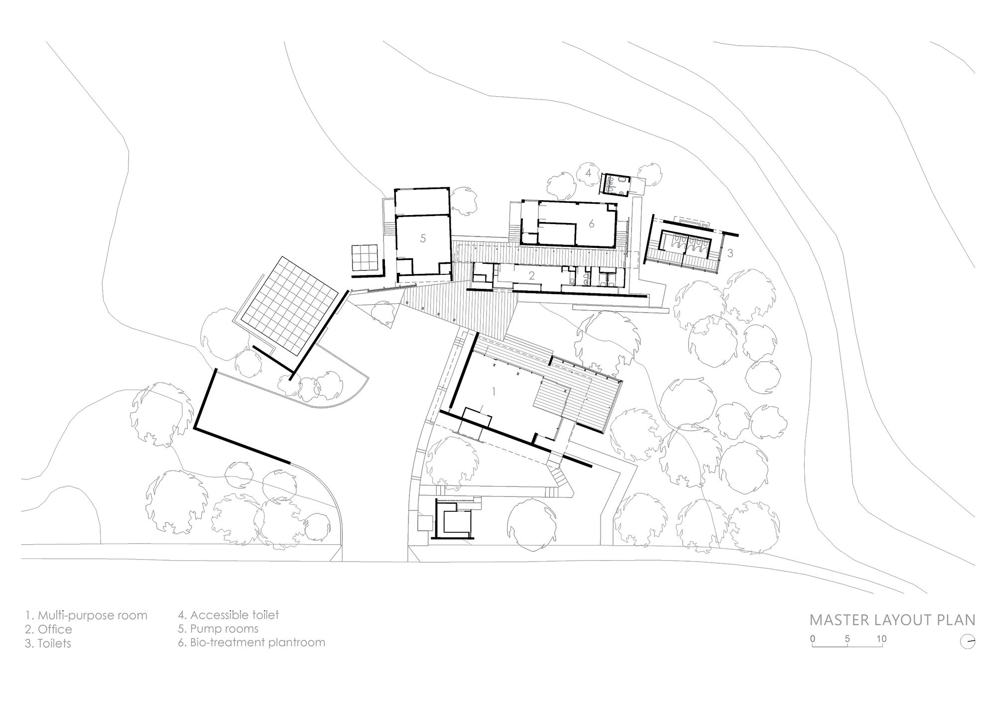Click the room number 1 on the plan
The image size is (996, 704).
click(x=494, y=392)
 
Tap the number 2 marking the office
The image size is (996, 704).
click(x=532, y=275)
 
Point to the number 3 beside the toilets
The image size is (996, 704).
click(x=730, y=253)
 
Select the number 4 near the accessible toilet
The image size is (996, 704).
click(x=588, y=173)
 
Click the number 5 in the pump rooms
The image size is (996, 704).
click(x=423, y=238)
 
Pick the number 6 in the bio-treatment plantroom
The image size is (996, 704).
click(x=592, y=224)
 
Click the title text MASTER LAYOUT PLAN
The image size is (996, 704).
click(x=892, y=620)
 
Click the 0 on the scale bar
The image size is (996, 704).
click(x=813, y=639)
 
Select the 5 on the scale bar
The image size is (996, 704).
click(x=847, y=639)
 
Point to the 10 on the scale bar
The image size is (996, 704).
click(x=881, y=639)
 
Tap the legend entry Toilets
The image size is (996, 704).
click(x=48, y=643)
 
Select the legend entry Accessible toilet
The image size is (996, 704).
click(x=229, y=615)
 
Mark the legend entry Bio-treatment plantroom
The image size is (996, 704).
click(x=251, y=642)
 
